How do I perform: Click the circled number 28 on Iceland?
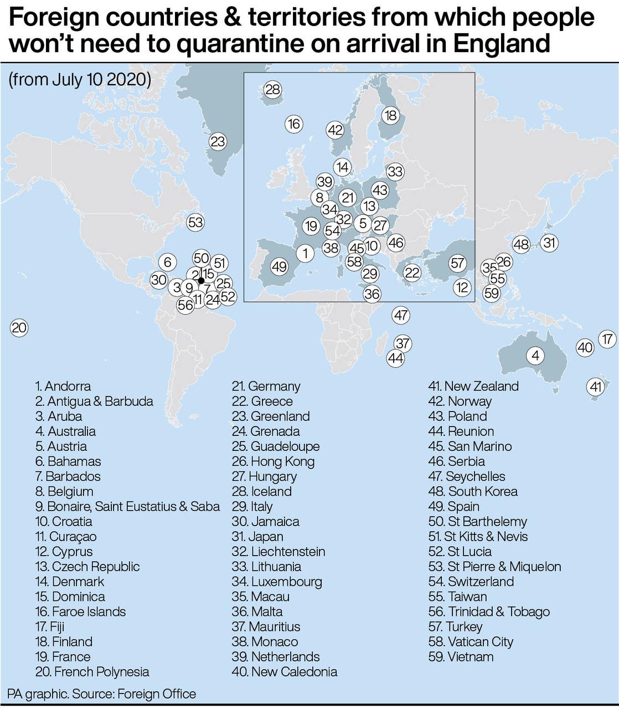(x=272, y=90)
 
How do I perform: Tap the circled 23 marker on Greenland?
(x=218, y=141)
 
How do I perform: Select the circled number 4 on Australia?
(x=535, y=355)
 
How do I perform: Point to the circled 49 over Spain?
(x=279, y=267)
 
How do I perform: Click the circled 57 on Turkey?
(x=457, y=263)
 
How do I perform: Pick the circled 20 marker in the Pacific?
(x=19, y=328)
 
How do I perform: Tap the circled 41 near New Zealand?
(x=596, y=387)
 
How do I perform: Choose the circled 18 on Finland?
(x=391, y=115)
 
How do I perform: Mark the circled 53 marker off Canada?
(x=195, y=223)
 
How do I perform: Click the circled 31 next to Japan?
(x=549, y=243)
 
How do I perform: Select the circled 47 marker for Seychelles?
(x=401, y=316)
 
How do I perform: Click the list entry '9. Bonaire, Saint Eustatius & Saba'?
(x=127, y=506)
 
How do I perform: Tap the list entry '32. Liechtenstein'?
(x=278, y=552)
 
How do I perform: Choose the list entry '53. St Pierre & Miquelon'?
(x=494, y=567)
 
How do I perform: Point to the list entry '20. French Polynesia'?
(x=92, y=672)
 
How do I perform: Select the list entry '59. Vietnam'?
(x=461, y=657)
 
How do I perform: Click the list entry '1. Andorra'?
(x=63, y=386)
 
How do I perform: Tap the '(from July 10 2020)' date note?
(x=80, y=80)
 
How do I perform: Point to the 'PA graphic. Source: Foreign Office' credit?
(x=102, y=693)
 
